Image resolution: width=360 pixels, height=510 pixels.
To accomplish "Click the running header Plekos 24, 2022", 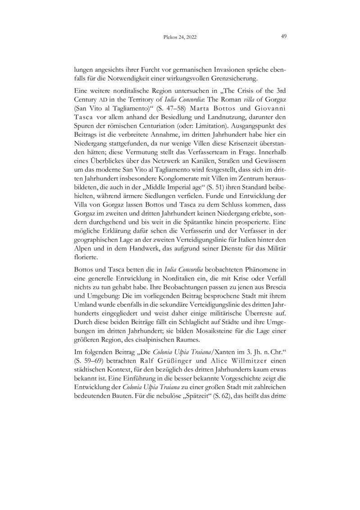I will [180, 38].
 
